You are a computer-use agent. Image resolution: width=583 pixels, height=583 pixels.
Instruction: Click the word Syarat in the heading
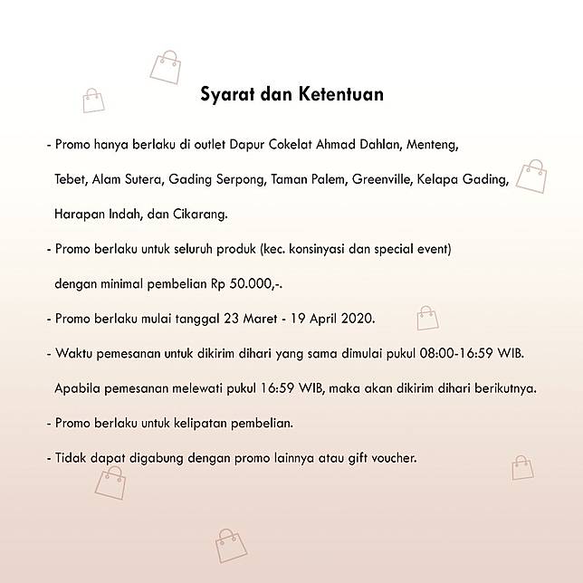[x=225, y=93]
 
